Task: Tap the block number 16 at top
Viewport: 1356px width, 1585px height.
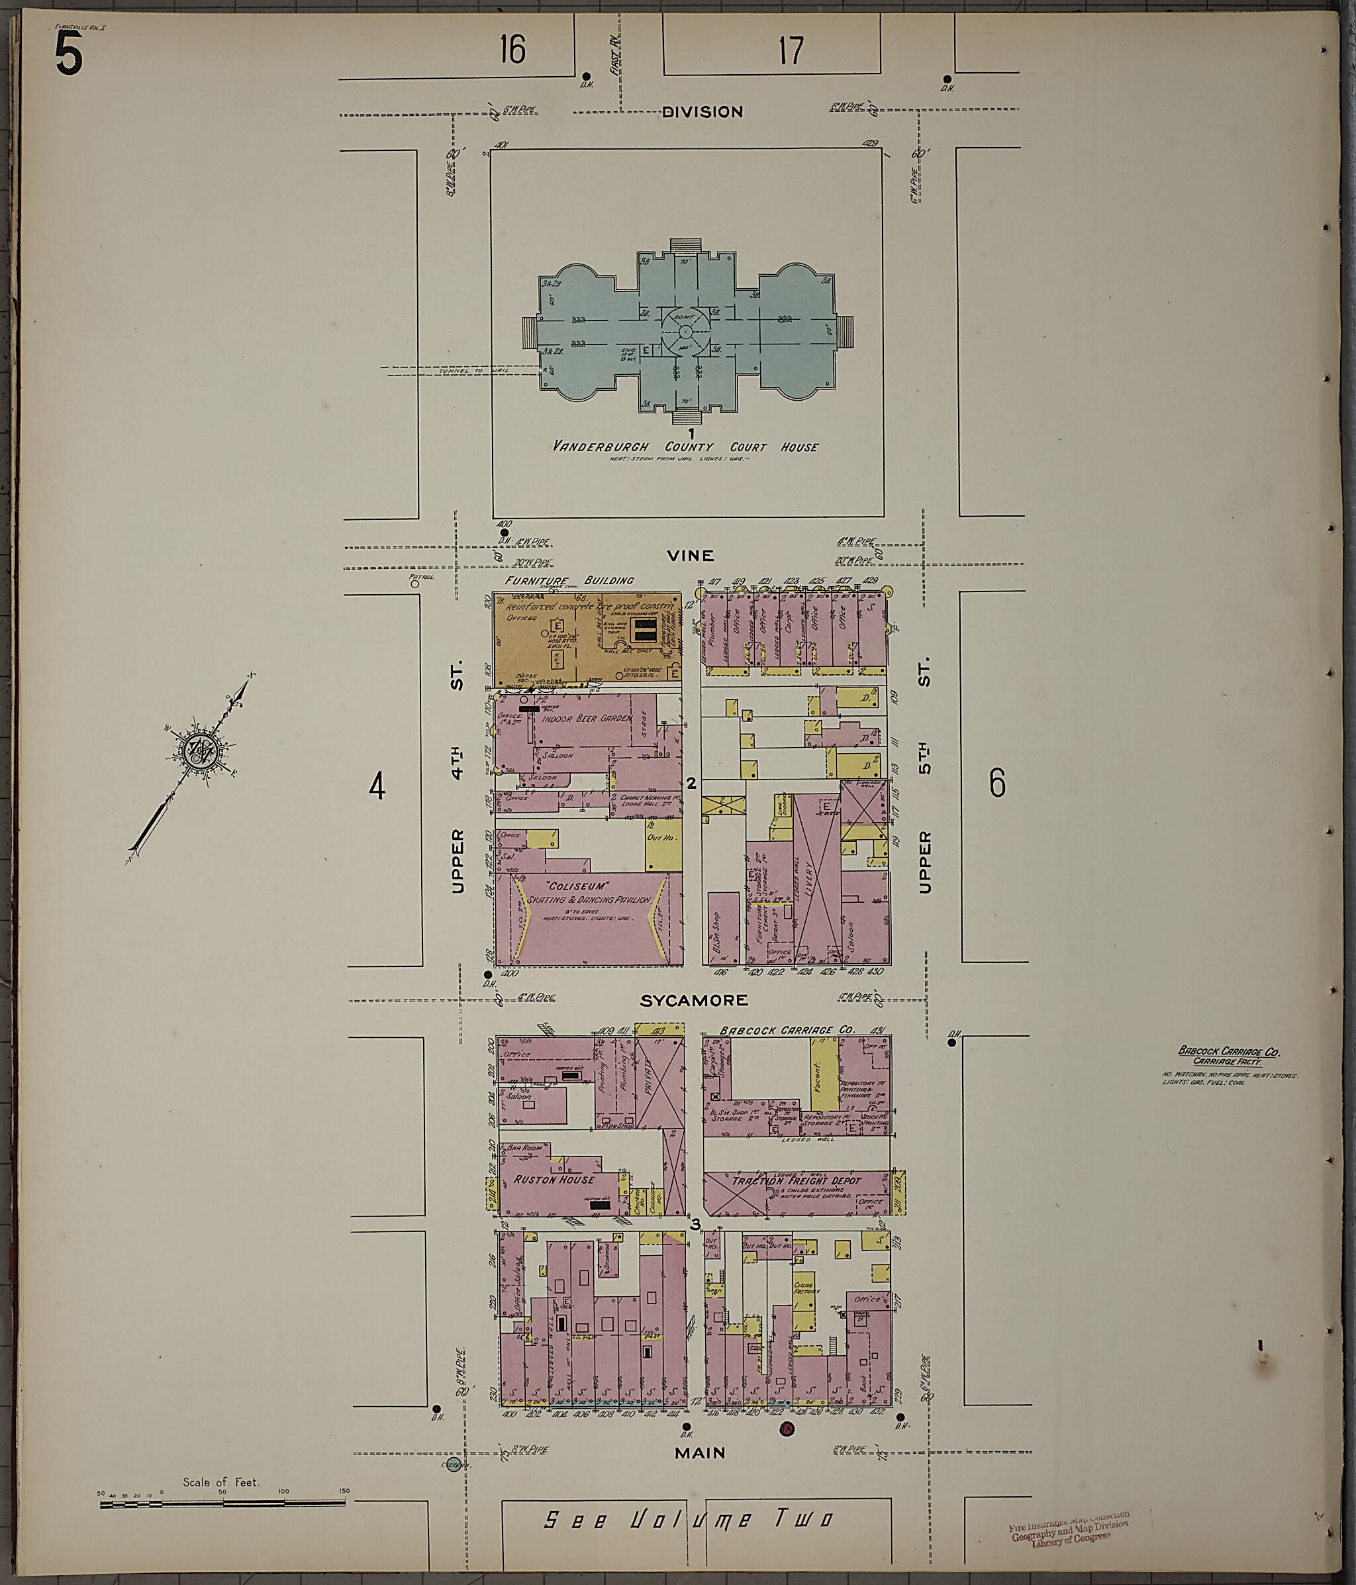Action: (512, 50)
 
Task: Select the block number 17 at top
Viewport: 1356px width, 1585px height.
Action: (792, 50)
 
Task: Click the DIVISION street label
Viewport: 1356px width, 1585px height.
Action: (701, 112)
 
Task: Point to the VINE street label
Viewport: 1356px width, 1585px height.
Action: (690, 556)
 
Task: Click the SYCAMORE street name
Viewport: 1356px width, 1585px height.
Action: (693, 999)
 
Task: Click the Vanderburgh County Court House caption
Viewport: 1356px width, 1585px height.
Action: (685, 446)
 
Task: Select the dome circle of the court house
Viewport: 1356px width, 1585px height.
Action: (684, 331)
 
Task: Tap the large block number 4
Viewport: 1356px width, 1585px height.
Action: (377, 786)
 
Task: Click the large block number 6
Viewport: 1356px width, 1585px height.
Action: (996, 782)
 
